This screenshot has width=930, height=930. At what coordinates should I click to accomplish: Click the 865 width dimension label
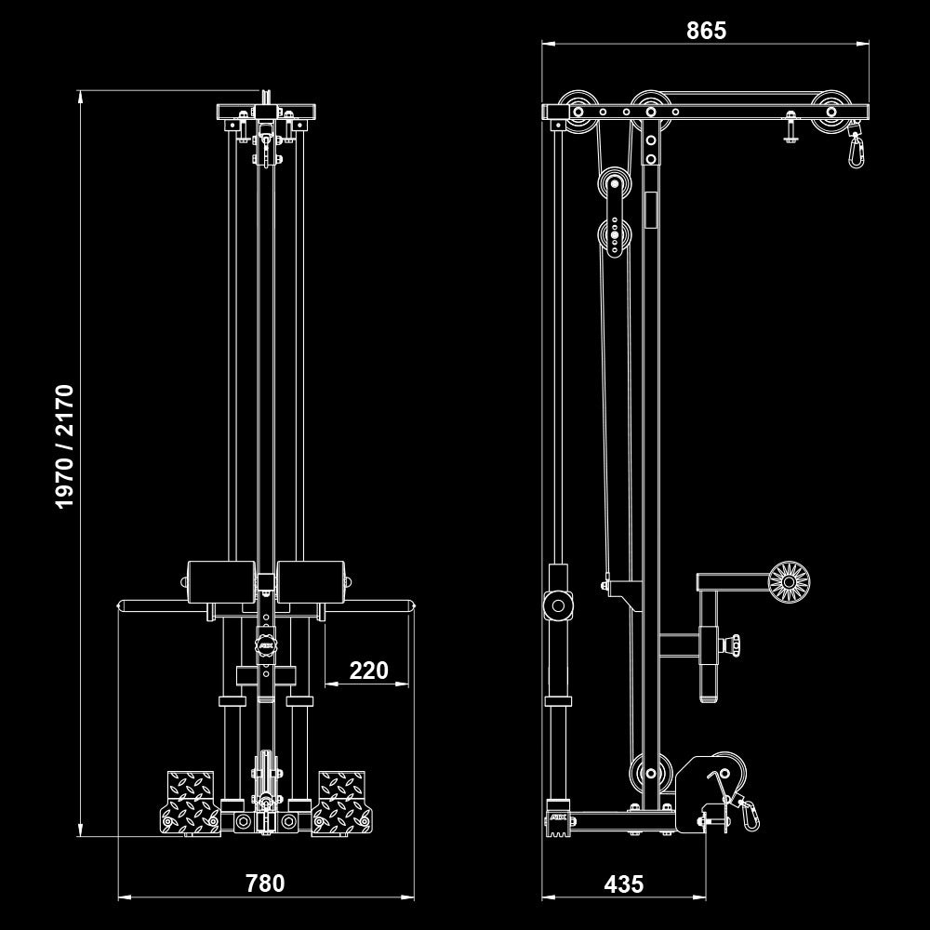tap(706, 31)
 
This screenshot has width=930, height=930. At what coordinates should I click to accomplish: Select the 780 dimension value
tap(265, 883)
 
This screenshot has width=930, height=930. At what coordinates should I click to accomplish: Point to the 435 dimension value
tap(623, 883)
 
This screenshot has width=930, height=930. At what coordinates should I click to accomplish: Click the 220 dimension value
tap(368, 671)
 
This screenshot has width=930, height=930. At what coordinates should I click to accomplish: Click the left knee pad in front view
tap(221, 582)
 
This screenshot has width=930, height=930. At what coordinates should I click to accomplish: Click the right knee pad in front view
tap(312, 582)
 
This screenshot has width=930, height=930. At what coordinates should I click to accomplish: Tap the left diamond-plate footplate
tap(191, 802)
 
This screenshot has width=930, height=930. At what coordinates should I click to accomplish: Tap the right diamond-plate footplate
tap(343, 802)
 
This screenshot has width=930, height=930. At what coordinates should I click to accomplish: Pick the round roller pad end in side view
tap(789, 582)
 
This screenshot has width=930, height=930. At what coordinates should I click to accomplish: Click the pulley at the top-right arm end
tap(830, 111)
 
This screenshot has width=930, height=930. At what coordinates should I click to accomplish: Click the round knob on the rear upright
tap(558, 604)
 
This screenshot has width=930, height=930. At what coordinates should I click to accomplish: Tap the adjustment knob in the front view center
tap(267, 644)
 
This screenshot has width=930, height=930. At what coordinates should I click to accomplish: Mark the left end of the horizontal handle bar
tap(121, 605)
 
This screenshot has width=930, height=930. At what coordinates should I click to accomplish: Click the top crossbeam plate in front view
tap(267, 113)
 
